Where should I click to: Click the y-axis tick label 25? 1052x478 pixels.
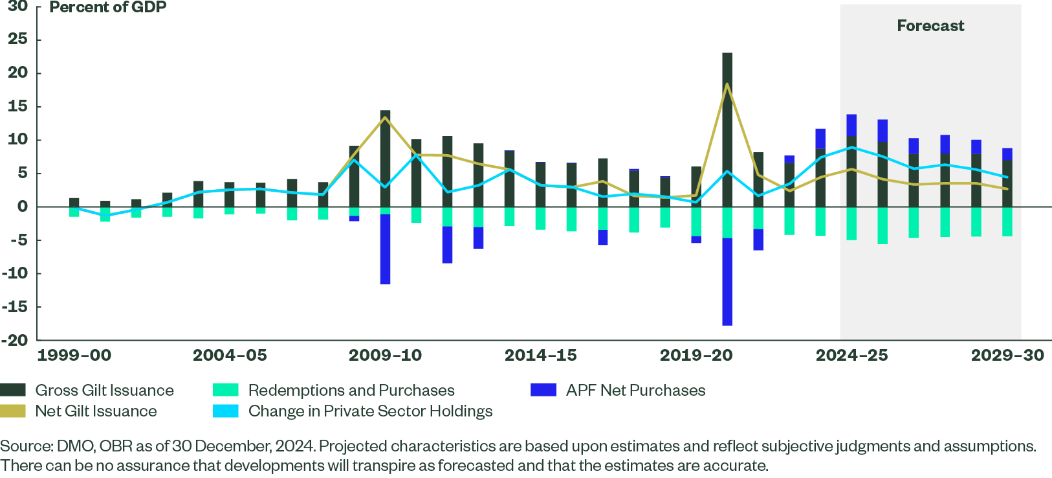pos(18,40)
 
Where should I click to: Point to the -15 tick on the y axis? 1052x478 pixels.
pos(16,306)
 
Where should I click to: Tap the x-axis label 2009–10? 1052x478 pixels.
pos(385,355)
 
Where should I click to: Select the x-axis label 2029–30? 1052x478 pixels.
pos(1007,355)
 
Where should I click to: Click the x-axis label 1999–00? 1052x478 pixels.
pos(74,355)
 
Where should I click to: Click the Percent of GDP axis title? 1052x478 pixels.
pos(108,8)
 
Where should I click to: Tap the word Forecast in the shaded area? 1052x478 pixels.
pos(930,26)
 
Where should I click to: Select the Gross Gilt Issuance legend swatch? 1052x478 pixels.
pos(13,390)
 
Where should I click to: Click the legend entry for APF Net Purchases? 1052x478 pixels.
pos(635,390)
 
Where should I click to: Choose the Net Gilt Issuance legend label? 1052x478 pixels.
pos(96,411)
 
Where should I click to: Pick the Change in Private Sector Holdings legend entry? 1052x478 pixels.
pos(370,411)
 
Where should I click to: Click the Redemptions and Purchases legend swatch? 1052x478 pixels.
pos(226,390)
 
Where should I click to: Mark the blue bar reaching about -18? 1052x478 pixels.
pos(727,282)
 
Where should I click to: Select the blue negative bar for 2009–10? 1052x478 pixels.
pos(385,249)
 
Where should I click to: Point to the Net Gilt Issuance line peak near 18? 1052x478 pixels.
pos(727,84)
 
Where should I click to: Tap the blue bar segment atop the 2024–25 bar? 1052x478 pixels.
pos(851,126)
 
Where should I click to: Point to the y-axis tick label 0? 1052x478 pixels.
pos(23,207)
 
